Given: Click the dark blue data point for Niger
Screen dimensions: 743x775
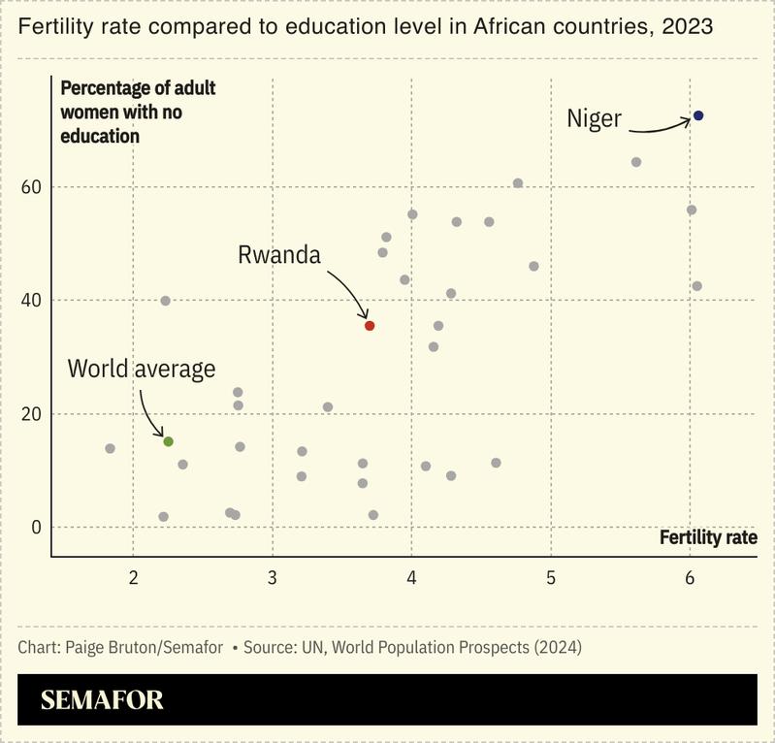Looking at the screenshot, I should tap(697, 115).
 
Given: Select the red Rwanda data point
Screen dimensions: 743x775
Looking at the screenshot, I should tap(369, 326).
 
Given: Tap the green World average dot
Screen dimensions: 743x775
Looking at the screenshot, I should tap(168, 441).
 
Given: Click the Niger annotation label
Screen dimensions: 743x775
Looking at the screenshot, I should tap(594, 118).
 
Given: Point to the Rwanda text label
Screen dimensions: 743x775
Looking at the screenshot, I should tap(278, 255).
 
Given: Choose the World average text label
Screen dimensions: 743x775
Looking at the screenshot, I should tap(142, 369).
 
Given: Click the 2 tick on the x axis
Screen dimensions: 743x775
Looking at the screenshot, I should tap(134, 578).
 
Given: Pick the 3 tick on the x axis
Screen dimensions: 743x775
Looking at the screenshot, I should tap(273, 578).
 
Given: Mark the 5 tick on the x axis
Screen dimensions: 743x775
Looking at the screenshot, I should tap(550, 578).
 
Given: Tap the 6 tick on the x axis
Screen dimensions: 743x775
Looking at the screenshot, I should tap(690, 578).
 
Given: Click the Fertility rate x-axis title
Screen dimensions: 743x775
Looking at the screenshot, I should tap(708, 536).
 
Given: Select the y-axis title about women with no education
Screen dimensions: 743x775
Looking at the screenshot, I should tap(138, 112).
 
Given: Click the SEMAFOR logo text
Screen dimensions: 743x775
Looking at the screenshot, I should tap(102, 700).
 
